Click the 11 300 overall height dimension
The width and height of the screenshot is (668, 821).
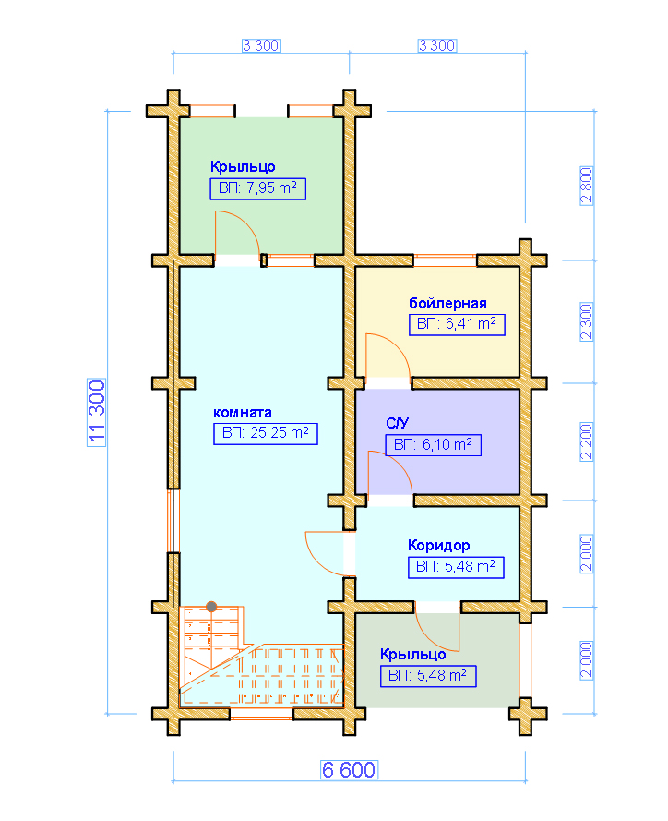click(97, 413)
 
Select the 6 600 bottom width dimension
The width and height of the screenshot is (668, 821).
click(349, 769)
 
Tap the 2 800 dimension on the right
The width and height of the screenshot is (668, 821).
click(587, 186)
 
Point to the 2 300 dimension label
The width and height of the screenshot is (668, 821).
click(587, 321)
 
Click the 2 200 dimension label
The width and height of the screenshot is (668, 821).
click(587, 441)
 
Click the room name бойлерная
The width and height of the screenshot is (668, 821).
click(447, 303)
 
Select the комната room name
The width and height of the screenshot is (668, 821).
click(243, 413)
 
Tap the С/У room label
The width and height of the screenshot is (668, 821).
click(397, 423)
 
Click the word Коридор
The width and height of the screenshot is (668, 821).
click(439, 546)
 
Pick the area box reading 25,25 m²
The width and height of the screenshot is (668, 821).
click(266, 433)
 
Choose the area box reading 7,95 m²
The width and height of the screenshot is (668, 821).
click(258, 188)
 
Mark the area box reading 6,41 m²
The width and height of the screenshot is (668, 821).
click(457, 324)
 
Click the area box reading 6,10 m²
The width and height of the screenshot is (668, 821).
click(433, 445)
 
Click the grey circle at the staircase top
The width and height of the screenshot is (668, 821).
click(211, 607)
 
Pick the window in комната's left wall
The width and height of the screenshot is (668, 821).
click(173, 521)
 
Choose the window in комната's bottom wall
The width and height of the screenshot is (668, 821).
click(261, 714)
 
